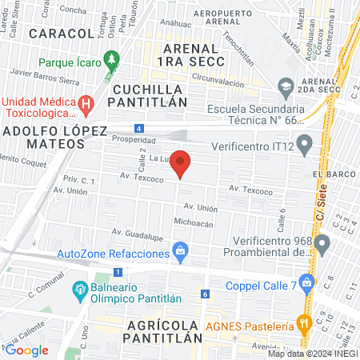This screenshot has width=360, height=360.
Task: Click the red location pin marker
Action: click(x=182, y=164)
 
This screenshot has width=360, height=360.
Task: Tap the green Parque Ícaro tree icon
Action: click(x=111, y=60)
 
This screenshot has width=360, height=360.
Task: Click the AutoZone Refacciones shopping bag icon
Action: click(x=182, y=254)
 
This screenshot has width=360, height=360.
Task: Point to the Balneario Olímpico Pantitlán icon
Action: click(x=80, y=289)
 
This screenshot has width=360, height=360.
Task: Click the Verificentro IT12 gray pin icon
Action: click(x=305, y=146)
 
